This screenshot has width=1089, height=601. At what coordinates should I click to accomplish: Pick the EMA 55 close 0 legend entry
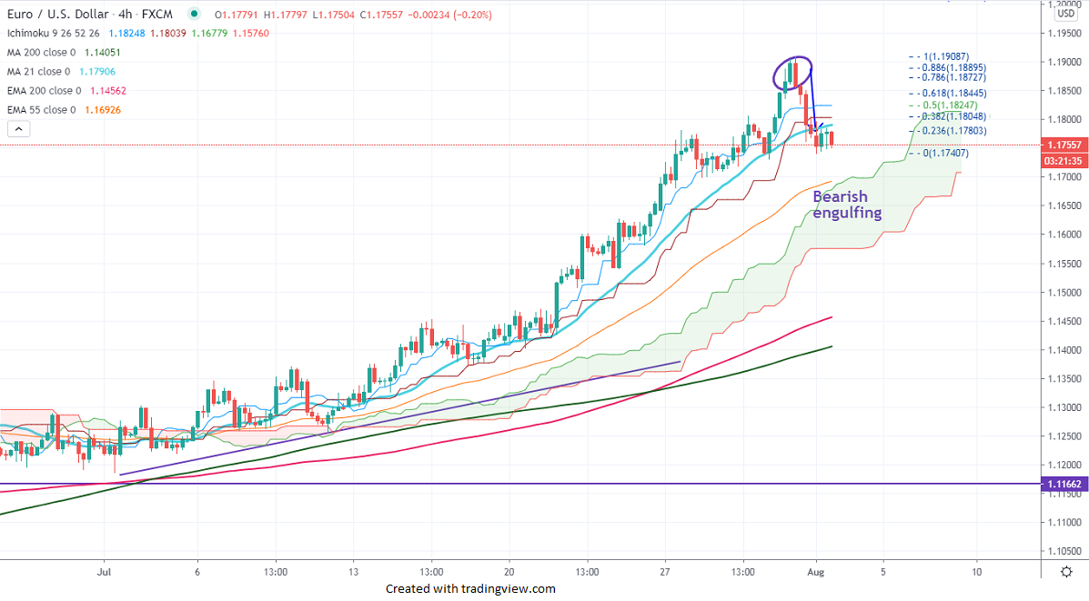(44, 110)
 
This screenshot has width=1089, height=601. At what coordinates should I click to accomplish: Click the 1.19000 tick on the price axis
(1062, 62)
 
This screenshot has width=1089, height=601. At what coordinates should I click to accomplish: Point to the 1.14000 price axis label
(1062, 350)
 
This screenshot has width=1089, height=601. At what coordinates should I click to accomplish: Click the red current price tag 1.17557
(1064, 145)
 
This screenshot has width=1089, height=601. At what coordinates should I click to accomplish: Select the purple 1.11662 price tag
(1064, 486)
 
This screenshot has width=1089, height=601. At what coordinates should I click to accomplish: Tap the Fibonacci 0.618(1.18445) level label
(952, 93)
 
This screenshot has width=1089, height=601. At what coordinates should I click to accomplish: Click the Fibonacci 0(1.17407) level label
(946, 153)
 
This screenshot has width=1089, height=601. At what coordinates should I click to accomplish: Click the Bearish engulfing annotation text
(847, 205)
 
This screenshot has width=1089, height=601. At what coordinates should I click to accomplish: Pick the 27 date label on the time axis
(665, 572)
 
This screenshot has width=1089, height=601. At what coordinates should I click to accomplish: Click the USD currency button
(1065, 14)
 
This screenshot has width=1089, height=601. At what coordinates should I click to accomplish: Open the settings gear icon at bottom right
(1065, 572)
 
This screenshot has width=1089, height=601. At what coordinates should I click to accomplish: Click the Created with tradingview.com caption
(470, 588)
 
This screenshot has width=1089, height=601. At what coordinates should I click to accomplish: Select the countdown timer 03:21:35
(1064, 161)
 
